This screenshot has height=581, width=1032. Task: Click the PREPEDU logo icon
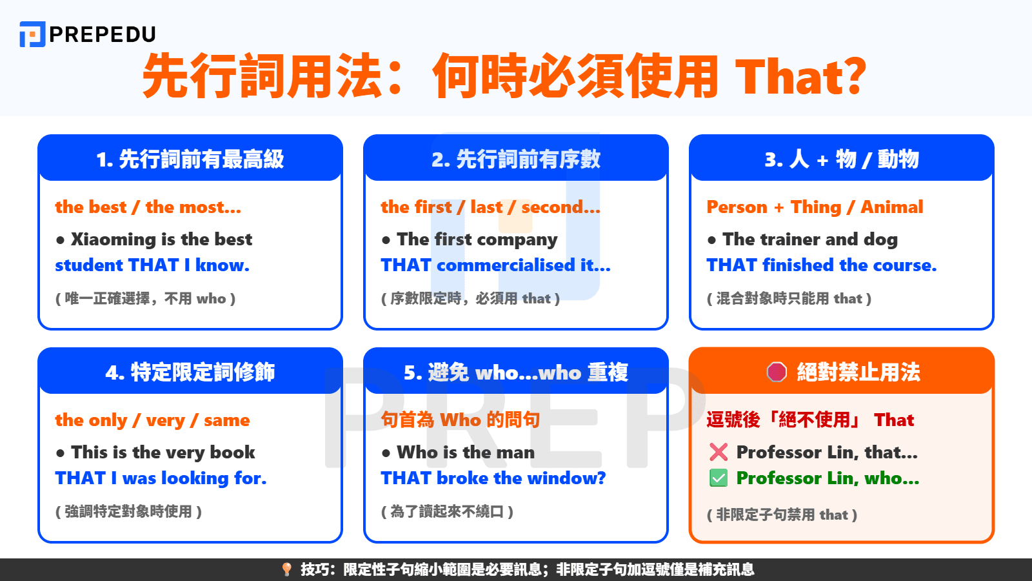[32, 34]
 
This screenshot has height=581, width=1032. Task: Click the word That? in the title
[800, 77]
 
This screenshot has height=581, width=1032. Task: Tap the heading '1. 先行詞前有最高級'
[190, 159]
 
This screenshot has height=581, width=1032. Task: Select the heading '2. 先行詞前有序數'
[516, 159]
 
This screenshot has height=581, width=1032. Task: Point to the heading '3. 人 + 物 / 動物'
[842, 159]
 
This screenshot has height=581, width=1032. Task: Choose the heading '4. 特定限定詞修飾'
[190, 372]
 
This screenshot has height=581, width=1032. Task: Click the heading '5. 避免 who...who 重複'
[516, 372]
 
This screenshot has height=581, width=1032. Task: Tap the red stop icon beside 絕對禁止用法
[777, 372]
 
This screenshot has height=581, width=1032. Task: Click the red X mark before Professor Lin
[719, 452]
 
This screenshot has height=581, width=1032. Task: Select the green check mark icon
[719, 478]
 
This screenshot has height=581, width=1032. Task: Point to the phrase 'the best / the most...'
[148, 207]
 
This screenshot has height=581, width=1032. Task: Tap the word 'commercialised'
[506, 265]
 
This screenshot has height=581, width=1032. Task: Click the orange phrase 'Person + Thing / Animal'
[815, 207]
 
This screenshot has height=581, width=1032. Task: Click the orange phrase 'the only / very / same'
[152, 420]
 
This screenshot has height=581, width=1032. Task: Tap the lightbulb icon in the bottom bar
[287, 569]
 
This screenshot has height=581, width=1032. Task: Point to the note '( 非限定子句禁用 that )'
[782, 515]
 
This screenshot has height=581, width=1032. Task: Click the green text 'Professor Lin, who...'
[828, 478]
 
